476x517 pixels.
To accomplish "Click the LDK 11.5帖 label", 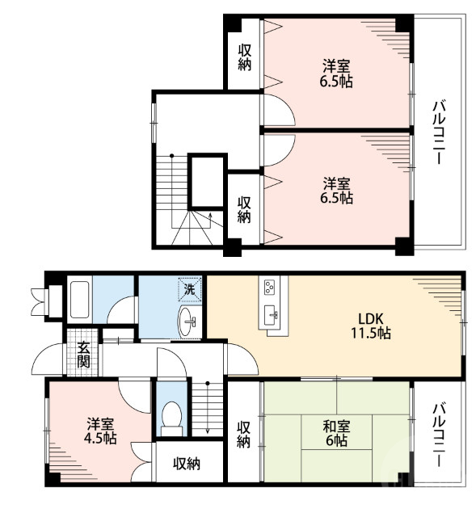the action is [x=370, y=326].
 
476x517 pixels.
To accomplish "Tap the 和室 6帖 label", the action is [x=336, y=433].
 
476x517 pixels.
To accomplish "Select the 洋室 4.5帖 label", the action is [x=100, y=431].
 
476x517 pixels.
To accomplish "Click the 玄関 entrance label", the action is [x=84, y=355].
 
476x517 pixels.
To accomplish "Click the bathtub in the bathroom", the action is [x=79, y=300].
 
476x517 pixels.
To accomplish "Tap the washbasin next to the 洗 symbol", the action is [x=187, y=322].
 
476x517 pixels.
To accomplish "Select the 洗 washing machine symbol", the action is [x=189, y=290].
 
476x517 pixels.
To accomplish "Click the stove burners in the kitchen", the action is [x=269, y=287].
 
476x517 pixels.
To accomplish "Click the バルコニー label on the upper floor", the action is [x=439, y=132].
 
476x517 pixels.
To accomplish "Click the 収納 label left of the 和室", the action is [x=244, y=435].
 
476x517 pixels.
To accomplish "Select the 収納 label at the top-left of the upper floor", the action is [x=244, y=58].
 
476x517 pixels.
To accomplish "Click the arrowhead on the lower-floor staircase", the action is [x=208, y=431].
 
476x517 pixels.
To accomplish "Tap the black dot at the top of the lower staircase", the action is [x=208, y=383].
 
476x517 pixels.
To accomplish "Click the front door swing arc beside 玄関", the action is [x=46, y=359].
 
